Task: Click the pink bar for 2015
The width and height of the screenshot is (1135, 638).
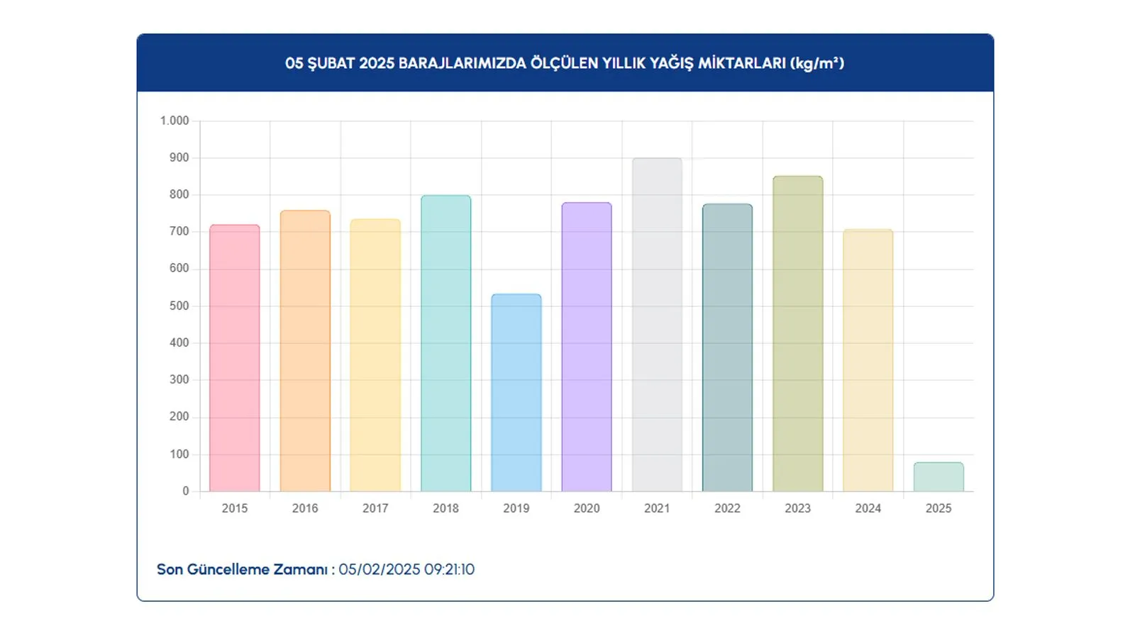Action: (x=234, y=358)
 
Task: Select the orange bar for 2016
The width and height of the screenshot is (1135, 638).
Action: (x=305, y=351)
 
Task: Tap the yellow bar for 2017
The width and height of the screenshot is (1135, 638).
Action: (x=375, y=355)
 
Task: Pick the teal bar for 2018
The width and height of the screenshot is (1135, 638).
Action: (x=445, y=343)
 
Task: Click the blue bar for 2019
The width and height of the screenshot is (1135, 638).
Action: (x=516, y=393)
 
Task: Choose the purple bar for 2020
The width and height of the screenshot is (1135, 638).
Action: (x=587, y=347)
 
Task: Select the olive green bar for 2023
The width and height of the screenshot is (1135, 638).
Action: (x=797, y=334)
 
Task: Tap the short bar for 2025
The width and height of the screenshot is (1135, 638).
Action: (x=939, y=477)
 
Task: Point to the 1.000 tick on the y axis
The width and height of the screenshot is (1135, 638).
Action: (x=175, y=121)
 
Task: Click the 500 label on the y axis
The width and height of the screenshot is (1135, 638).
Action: (x=179, y=306)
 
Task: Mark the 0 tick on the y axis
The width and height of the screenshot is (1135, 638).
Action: (x=186, y=491)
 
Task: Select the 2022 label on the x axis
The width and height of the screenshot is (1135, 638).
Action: (x=727, y=508)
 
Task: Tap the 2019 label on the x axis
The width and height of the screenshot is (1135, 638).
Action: (x=516, y=508)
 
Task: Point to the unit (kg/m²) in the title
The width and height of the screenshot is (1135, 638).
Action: (x=816, y=63)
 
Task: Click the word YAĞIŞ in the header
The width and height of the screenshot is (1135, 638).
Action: (x=671, y=63)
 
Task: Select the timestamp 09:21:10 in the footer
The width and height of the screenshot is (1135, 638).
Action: (x=450, y=569)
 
